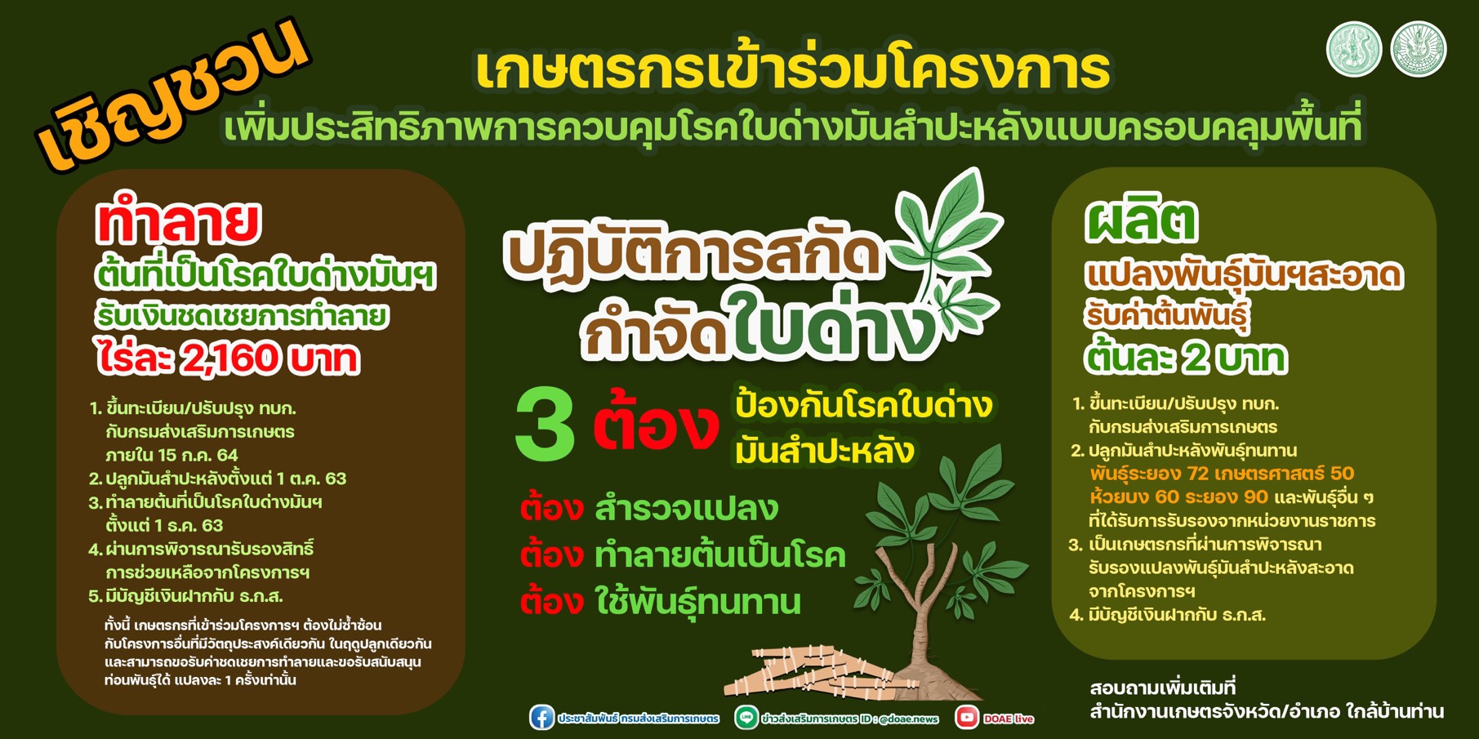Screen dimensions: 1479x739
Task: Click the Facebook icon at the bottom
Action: tap(541, 718)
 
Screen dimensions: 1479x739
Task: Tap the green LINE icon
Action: tap(746, 718)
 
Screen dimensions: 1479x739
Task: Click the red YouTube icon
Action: tap(968, 718)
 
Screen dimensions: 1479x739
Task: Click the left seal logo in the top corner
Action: tap(1354, 49)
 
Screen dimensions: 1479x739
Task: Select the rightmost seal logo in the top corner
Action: tap(1419, 49)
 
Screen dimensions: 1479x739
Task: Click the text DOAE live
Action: tap(1009, 719)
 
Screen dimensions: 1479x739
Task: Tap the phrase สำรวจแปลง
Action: tap(686, 508)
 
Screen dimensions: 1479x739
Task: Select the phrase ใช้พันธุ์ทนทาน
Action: tap(698, 603)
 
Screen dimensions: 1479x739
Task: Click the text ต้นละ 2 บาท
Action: tap(1186, 358)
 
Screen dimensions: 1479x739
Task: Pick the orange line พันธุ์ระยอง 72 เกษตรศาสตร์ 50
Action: tap(1222, 474)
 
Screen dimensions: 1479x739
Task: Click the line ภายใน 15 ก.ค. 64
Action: tap(172, 455)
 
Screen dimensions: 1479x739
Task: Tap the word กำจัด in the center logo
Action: tap(653, 333)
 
